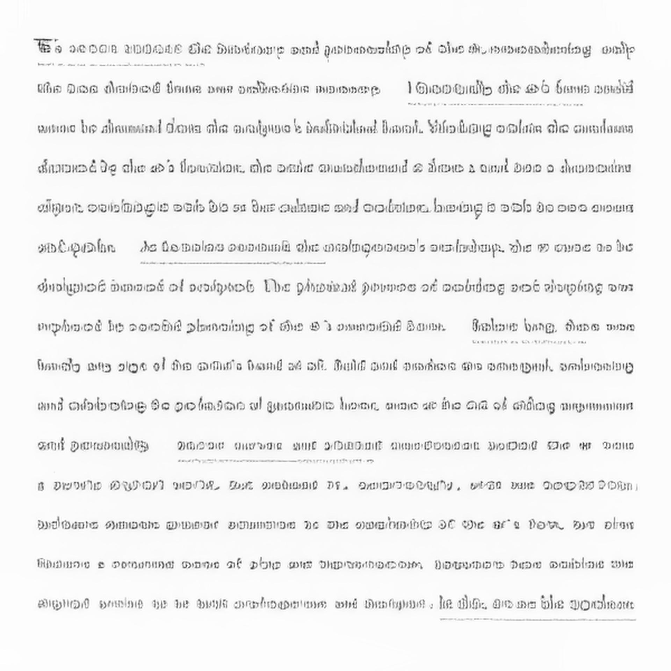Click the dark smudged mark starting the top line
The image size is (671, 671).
coord(42,45)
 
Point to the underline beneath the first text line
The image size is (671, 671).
coord(121,65)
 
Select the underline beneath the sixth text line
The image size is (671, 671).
coord(233,263)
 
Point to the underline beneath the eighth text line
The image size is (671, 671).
coord(529,342)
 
